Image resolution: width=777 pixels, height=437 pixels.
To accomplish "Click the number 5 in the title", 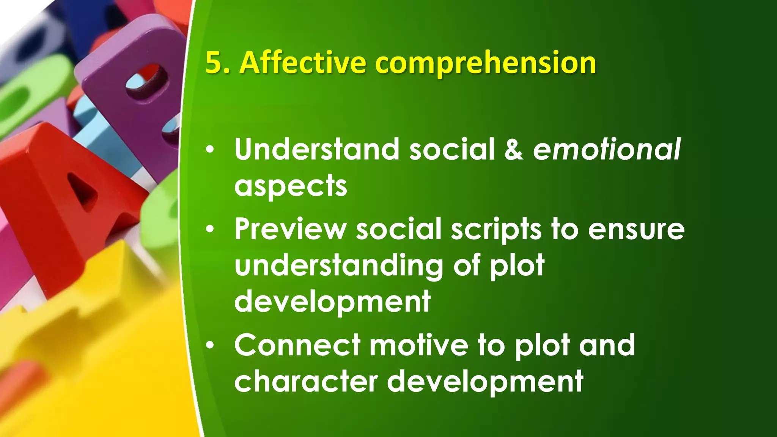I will point(213,63).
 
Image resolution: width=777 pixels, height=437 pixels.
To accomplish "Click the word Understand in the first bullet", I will point(317,149).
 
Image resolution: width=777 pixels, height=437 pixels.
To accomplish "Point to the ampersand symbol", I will point(514,149).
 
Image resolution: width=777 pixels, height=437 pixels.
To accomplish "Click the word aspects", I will point(291,187).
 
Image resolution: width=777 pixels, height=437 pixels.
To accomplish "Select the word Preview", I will point(291,229).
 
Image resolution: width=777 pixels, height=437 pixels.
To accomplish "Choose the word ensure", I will point(636,230).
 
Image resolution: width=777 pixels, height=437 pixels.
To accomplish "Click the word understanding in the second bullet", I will point(339,266).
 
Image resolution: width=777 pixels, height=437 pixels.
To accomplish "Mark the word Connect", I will point(297,345).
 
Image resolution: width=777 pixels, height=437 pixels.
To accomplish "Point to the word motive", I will point(419,345).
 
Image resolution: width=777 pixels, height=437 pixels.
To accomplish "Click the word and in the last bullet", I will point(607,345).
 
